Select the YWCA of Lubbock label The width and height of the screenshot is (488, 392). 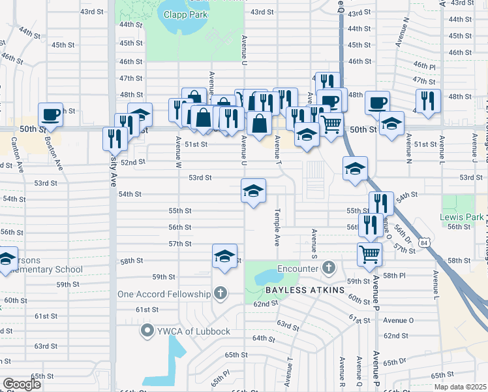pos(193,331)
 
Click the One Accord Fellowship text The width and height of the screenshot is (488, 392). pos(164,294)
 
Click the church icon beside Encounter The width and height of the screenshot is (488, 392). pos(328,267)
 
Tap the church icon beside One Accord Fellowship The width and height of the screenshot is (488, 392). pos(221,293)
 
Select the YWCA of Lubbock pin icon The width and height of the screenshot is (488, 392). pos(147,331)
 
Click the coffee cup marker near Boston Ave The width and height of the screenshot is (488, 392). pos(51,115)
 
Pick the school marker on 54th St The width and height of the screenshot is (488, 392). pos(254,191)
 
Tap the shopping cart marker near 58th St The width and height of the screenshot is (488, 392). pos(370,253)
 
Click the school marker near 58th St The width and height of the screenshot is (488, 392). pos(224,256)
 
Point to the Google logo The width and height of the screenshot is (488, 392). pos(23,384)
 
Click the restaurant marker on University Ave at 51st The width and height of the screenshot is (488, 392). pos(114,138)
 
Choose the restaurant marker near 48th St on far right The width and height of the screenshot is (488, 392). pos(428,101)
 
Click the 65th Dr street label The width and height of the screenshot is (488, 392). pos(395,362)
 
